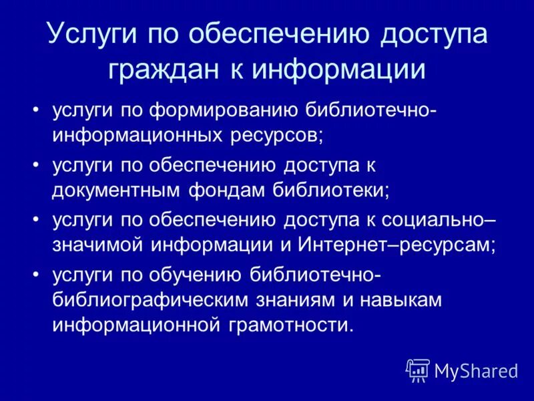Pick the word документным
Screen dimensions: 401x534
[118, 190]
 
